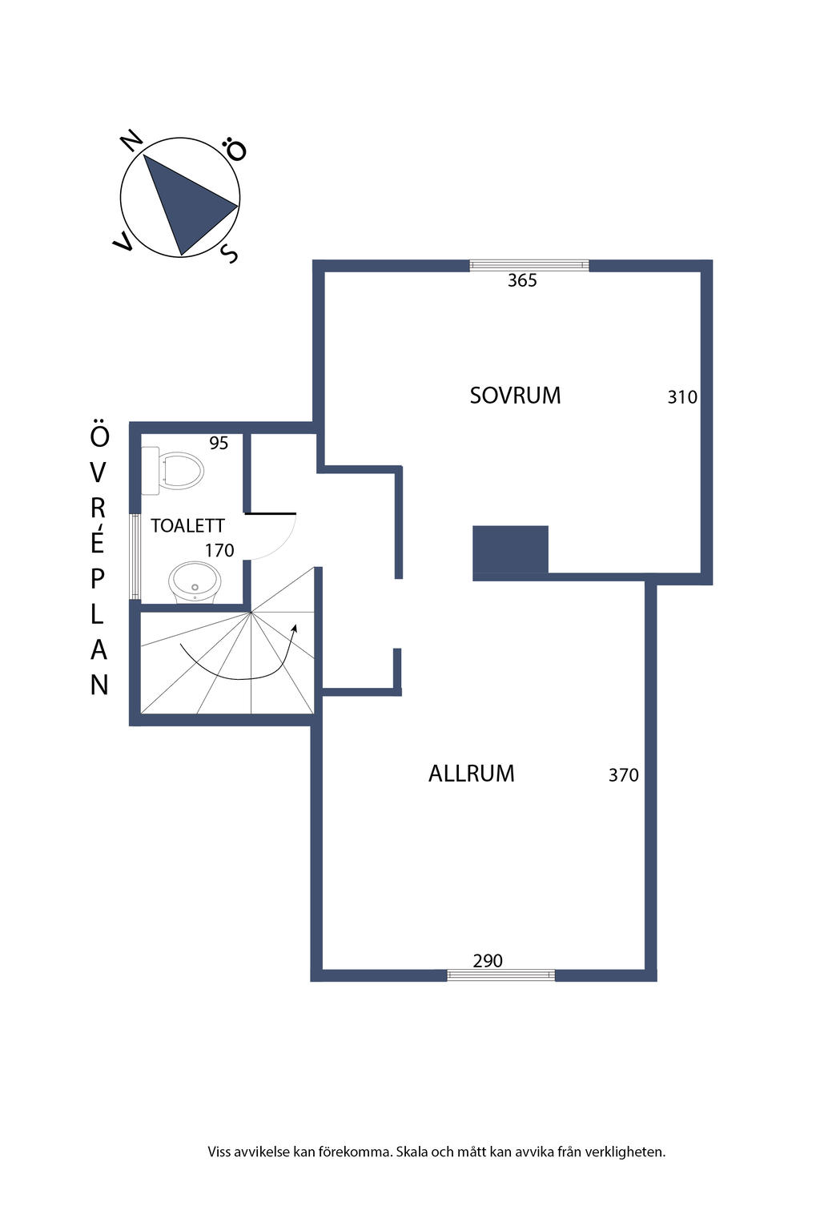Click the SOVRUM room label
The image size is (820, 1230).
click(x=515, y=396)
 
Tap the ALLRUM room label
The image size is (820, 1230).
click(x=471, y=774)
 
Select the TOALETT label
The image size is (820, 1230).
click(x=187, y=525)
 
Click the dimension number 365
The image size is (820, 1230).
click(x=522, y=280)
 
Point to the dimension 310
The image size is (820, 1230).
click(x=682, y=397)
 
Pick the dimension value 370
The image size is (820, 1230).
click(x=623, y=775)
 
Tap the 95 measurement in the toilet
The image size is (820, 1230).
click(x=219, y=443)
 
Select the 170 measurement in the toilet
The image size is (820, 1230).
click(x=219, y=550)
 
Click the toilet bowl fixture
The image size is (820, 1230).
click(x=173, y=471)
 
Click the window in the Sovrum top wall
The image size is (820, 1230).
click(x=529, y=266)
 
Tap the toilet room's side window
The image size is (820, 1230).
click(x=135, y=556)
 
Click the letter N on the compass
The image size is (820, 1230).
click(x=132, y=141)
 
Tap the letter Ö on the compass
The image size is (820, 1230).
click(x=235, y=149)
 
